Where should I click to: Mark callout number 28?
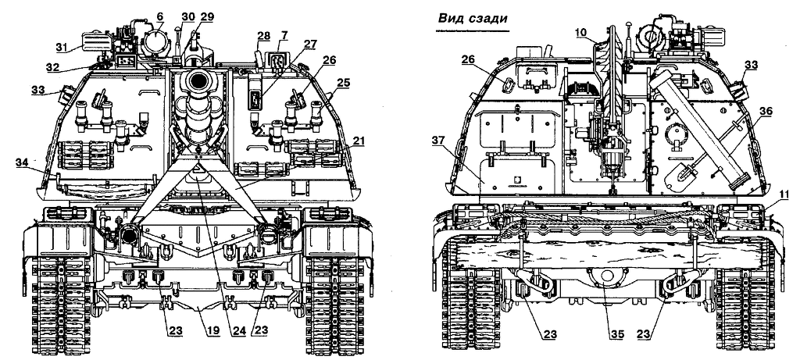263,36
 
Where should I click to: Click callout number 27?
310,44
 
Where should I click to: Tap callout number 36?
766,111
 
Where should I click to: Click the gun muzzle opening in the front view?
198,80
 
